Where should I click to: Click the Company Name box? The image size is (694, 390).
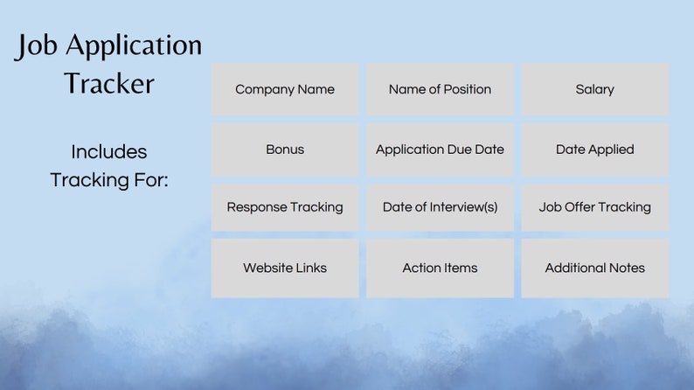tap(285, 89)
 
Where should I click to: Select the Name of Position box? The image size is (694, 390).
tap(440, 89)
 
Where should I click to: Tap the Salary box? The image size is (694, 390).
tap(594, 89)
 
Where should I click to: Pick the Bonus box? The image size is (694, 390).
tap(285, 150)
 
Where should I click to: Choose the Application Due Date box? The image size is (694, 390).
tap(440, 150)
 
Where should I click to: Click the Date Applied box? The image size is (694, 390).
tap(594, 150)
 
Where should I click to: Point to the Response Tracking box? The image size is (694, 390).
tap(285, 207)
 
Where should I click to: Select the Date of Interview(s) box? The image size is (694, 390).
tap(440, 207)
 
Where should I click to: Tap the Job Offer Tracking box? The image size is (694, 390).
tap(594, 207)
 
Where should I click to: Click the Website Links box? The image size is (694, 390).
tap(285, 268)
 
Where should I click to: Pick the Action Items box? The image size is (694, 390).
tap(440, 268)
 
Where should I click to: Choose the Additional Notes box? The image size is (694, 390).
tap(594, 268)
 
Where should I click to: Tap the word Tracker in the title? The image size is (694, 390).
tap(109, 83)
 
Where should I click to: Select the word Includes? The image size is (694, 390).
tap(109, 151)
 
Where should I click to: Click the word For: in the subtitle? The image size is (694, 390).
tap(149, 180)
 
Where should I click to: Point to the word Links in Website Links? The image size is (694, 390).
tap(308, 268)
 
